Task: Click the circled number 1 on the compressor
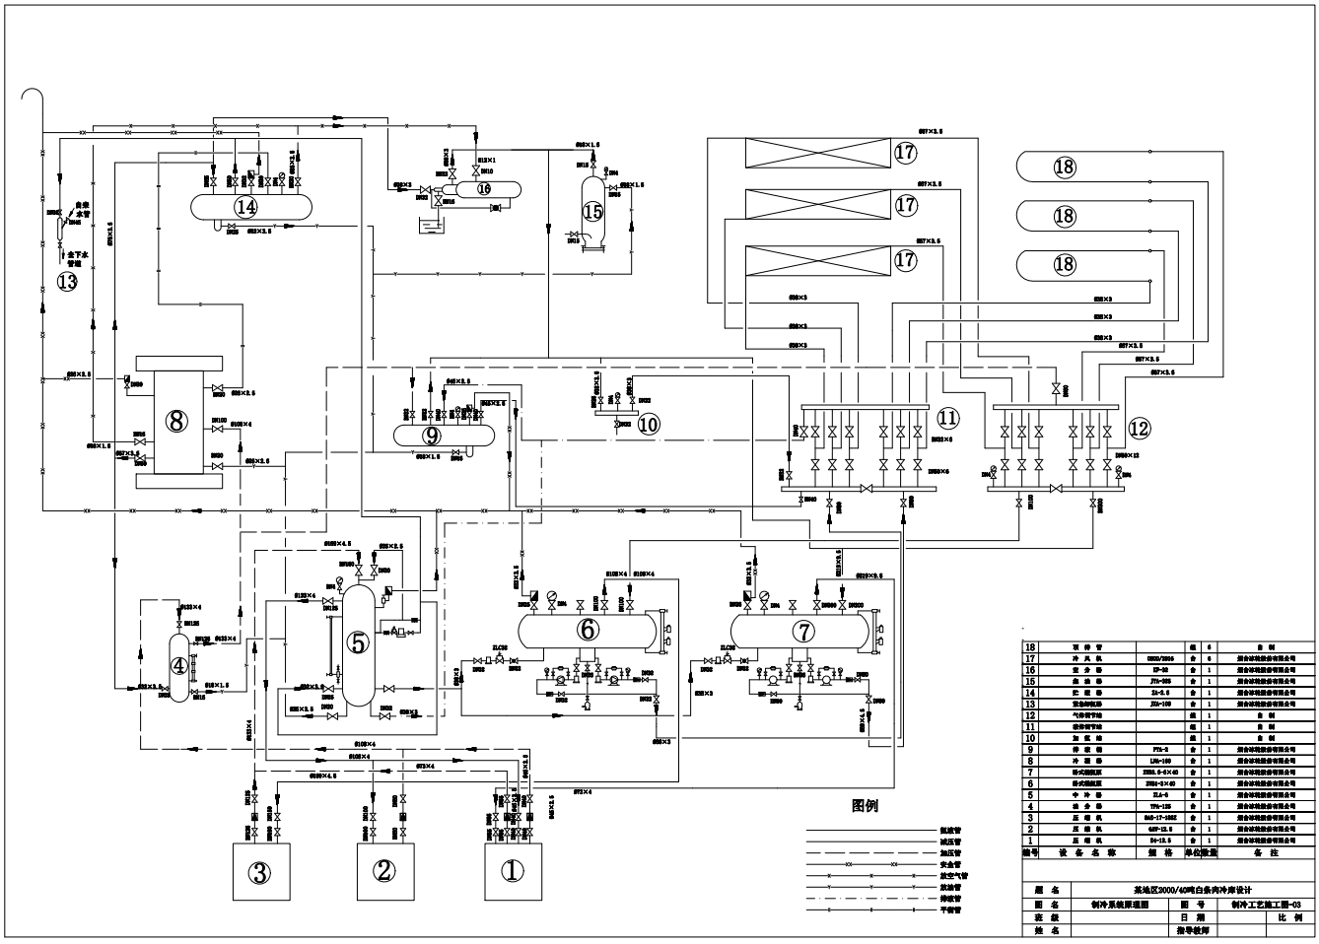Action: point(512,871)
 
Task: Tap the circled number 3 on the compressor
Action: point(259,872)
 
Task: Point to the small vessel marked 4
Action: point(178,665)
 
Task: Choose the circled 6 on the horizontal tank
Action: point(588,628)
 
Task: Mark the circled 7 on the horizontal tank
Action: point(803,628)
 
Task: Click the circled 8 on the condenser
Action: point(176,421)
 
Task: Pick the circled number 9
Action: point(432,434)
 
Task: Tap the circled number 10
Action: point(648,424)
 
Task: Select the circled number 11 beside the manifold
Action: point(947,418)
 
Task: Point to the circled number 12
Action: point(1139,428)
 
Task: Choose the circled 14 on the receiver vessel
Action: point(245,207)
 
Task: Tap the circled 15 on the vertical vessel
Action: point(592,211)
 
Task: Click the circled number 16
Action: point(484,187)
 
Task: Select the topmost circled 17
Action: point(905,153)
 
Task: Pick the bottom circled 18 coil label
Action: point(1065,264)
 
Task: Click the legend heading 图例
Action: point(865,806)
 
